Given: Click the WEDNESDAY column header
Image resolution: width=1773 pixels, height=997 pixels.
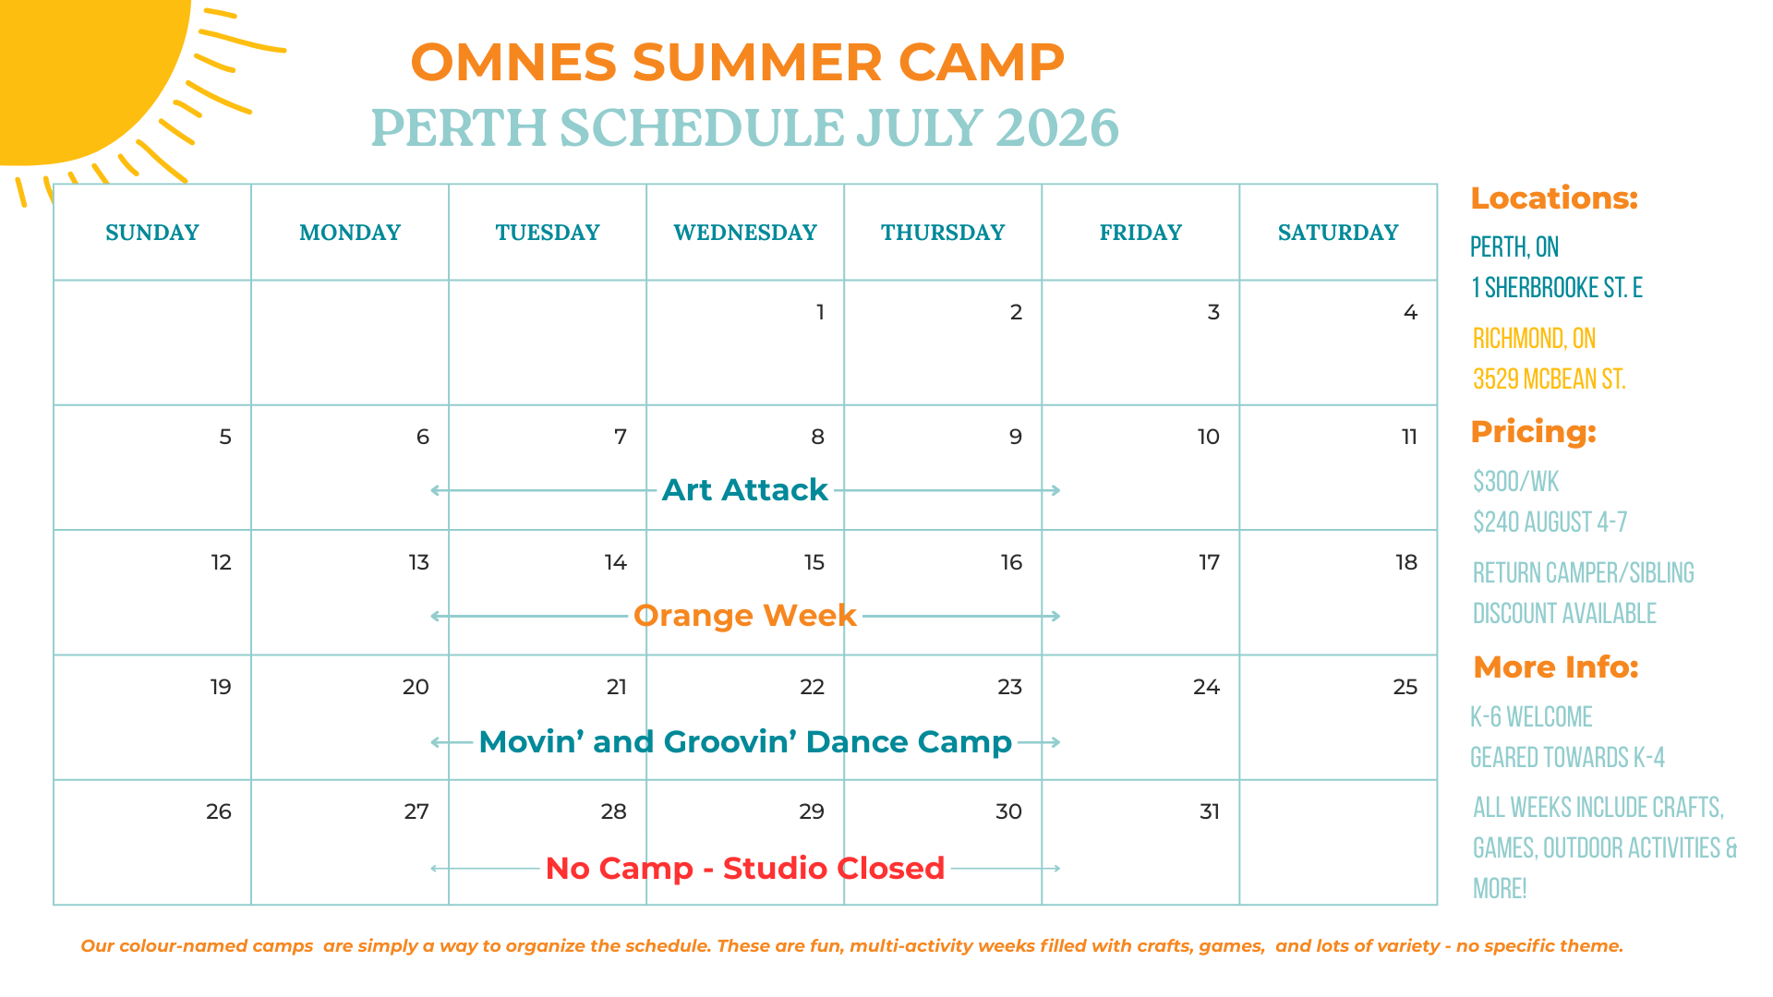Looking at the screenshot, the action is click(x=745, y=233).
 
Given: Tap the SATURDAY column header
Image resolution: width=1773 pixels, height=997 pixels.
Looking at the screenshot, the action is click(x=1338, y=233).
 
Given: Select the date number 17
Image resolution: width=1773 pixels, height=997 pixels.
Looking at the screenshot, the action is click(x=1209, y=562).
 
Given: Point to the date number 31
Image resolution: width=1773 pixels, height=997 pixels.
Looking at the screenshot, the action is click(x=1210, y=811).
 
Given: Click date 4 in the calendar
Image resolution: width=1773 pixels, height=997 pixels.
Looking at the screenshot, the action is click(x=1410, y=312).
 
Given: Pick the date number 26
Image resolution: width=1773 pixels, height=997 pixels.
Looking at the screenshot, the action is click(x=219, y=811).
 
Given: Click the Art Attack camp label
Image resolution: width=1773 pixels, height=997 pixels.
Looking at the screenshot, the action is click(x=745, y=489).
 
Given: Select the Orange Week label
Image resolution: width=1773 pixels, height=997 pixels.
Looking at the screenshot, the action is click(x=745, y=616).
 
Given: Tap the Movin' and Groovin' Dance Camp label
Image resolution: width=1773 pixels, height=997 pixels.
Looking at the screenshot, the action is click(x=745, y=742).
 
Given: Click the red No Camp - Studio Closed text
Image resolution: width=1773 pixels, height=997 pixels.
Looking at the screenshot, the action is click(x=745, y=869).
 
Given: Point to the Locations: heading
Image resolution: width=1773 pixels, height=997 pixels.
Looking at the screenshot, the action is click(x=1554, y=198).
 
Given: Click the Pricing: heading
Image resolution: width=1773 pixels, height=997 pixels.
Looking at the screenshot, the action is click(x=1533, y=432).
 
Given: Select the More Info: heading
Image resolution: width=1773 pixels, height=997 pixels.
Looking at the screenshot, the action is click(x=1556, y=667).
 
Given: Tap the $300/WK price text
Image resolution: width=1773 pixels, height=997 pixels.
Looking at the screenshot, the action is click(x=1515, y=482).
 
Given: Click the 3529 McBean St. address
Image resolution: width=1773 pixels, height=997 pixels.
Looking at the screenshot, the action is click(x=1549, y=379).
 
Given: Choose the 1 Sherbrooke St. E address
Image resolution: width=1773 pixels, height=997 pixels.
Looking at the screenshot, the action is click(x=1557, y=288).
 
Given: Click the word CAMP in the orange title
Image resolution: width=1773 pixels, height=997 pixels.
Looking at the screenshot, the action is click(x=981, y=63).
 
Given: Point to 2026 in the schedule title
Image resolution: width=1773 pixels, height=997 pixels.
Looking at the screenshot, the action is click(x=1057, y=127).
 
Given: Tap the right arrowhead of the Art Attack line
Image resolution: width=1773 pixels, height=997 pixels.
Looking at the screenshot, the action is click(x=1055, y=490).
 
